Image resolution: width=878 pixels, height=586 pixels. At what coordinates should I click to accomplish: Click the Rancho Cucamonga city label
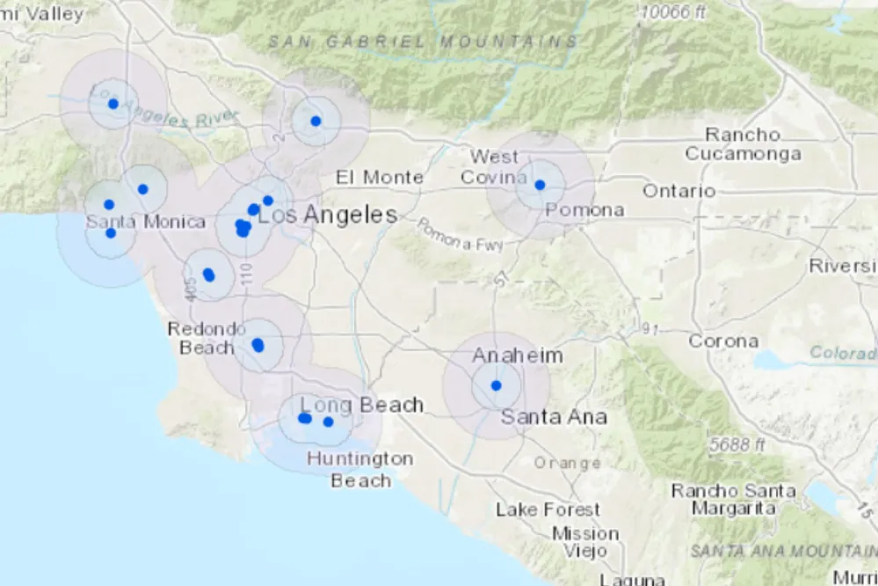coord(743,144)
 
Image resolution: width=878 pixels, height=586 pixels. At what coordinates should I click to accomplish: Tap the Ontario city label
coord(678,190)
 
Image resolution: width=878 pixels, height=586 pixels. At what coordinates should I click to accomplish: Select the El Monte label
coord(380,177)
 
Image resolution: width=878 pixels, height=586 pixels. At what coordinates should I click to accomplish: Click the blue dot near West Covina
coord(540,185)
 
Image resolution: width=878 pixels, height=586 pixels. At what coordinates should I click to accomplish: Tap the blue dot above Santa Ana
coord(496,385)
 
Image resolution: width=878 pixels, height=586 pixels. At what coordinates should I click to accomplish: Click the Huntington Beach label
coord(360,469)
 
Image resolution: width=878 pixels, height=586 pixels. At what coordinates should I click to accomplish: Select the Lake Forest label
coord(548,509)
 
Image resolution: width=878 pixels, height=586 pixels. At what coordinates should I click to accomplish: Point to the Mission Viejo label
coord(585,542)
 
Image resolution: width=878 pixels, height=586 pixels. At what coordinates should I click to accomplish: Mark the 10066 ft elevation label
coord(673,12)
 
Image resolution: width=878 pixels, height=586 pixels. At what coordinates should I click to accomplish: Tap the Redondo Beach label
coord(207,338)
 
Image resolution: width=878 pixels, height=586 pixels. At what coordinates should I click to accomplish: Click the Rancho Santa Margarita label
coord(733,499)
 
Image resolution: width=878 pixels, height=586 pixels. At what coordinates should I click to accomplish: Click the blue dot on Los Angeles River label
coord(113,104)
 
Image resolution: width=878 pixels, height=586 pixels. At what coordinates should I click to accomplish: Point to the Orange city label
coord(567,462)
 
